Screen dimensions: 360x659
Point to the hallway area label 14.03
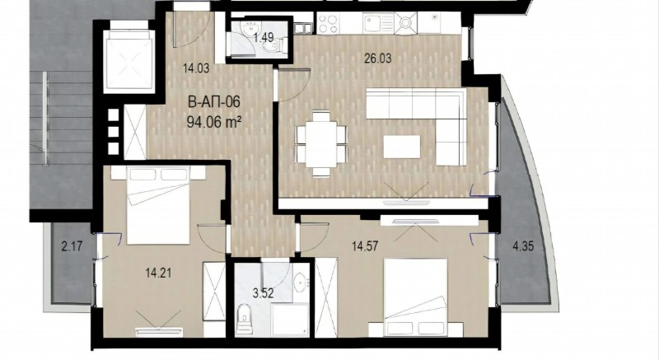pos(194,71)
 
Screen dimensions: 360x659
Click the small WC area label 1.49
pos(264,37)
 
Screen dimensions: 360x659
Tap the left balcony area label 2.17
pos(72,245)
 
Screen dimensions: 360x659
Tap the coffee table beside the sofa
pos(403,146)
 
